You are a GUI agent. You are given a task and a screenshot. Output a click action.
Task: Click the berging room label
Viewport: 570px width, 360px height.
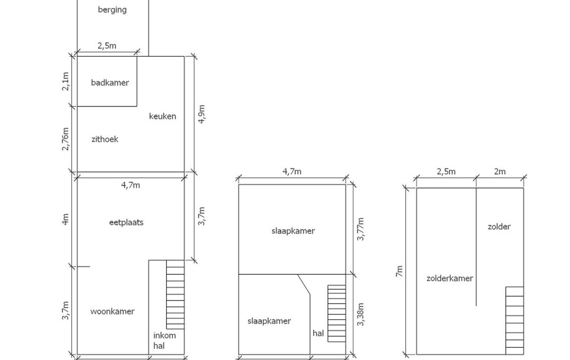(112, 9)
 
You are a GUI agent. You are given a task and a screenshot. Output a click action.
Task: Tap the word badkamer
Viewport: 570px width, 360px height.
(109, 83)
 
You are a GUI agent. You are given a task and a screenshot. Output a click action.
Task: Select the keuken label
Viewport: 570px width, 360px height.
(162, 116)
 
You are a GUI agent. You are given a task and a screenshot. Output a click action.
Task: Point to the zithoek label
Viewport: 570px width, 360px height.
(105, 139)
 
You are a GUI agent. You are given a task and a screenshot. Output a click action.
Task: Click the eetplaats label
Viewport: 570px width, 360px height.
(126, 222)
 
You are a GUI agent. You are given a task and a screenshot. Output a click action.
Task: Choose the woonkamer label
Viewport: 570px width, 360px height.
(112, 311)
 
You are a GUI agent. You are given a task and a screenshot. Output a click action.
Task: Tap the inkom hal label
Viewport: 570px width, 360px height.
(164, 341)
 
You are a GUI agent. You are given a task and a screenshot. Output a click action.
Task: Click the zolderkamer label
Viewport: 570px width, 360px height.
(449, 278)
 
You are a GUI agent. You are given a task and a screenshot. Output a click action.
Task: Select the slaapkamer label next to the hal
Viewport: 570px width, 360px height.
(269, 321)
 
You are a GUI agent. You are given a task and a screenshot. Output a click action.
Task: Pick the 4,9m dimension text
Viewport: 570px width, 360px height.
(201, 114)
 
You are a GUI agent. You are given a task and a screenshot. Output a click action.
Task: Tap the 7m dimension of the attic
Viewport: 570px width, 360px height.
(399, 271)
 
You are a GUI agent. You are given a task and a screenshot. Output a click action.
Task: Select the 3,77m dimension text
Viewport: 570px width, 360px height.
(361, 229)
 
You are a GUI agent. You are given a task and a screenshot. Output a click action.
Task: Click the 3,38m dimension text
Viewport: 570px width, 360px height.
(361, 314)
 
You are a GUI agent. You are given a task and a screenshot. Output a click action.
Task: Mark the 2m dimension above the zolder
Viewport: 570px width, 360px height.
(500, 172)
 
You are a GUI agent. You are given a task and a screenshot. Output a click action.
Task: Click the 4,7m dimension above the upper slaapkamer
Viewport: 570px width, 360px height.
(292, 172)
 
